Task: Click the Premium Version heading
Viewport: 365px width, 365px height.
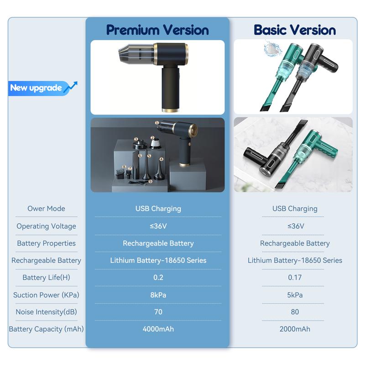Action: tap(157, 30)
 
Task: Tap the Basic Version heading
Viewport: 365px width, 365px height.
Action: tap(295, 30)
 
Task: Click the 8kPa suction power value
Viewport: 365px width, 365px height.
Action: tap(158, 295)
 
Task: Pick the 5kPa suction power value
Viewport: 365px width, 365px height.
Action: tap(295, 295)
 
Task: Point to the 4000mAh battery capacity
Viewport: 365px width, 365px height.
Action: tap(158, 329)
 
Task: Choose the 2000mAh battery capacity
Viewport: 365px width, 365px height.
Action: tap(295, 329)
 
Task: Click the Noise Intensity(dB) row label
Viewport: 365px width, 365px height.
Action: tap(47, 312)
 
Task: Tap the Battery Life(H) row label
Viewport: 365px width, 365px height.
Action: tap(47, 277)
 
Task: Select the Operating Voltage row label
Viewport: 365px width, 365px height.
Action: tap(47, 226)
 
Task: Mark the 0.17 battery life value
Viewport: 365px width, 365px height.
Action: tap(295, 277)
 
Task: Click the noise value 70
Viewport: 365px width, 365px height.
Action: tap(158, 312)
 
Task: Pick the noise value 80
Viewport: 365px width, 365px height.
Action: tap(295, 312)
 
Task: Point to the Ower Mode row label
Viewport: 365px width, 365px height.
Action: tap(47, 209)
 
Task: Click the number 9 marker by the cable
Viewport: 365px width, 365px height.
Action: tap(150, 181)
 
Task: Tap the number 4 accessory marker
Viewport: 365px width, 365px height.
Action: tap(162, 159)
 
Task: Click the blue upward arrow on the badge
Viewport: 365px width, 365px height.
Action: tap(71, 87)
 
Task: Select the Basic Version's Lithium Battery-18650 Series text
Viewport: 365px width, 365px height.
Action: tap(295, 260)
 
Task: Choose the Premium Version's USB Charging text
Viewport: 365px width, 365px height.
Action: tap(158, 209)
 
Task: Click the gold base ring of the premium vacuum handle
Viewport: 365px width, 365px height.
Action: tap(171, 110)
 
